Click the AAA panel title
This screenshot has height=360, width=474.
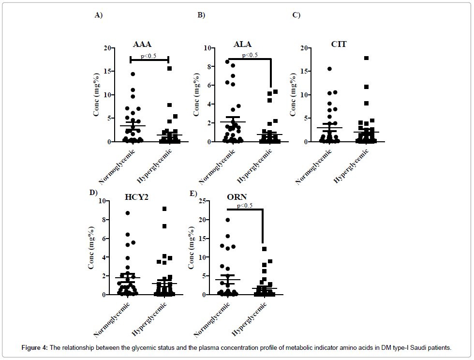pyautogui.click(x=142, y=45)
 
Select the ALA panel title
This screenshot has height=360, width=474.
pyautogui.click(x=242, y=44)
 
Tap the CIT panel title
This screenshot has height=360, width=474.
pyautogui.click(x=339, y=44)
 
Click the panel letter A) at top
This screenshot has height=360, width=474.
pyautogui.click(x=98, y=15)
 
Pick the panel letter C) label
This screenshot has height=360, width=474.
pyautogui.click(x=296, y=15)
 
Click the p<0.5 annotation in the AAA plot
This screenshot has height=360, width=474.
pyautogui.click(x=148, y=56)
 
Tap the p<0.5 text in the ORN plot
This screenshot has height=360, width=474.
pyautogui.click(x=245, y=206)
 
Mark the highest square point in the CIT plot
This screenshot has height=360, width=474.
pyautogui.click(x=367, y=58)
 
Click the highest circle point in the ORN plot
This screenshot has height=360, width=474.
pyautogui.click(x=228, y=220)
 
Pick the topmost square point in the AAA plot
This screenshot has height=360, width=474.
pyautogui.click(x=170, y=68)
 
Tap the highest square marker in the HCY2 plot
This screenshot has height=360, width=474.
pyautogui.click(x=164, y=209)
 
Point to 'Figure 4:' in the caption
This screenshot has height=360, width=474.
pyautogui.click(x=35, y=348)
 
